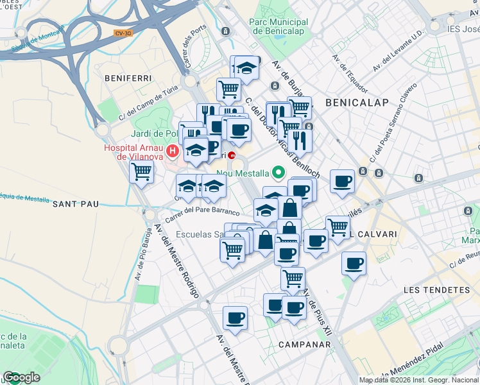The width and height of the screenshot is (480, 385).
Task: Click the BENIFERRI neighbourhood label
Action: [x=128, y=78]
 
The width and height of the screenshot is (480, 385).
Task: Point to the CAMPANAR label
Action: [x=304, y=345]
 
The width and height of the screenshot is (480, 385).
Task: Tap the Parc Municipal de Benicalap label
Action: [x=279, y=26]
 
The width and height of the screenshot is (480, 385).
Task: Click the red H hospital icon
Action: [x=172, y=151]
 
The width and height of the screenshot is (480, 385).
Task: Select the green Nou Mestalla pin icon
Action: [x=278, y=172]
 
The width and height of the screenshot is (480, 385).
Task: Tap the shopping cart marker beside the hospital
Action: [x=141, y=171]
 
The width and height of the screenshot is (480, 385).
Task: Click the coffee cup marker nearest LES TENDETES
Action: [x=354, y=262]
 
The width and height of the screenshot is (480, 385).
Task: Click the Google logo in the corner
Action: [x=21, y=377]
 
